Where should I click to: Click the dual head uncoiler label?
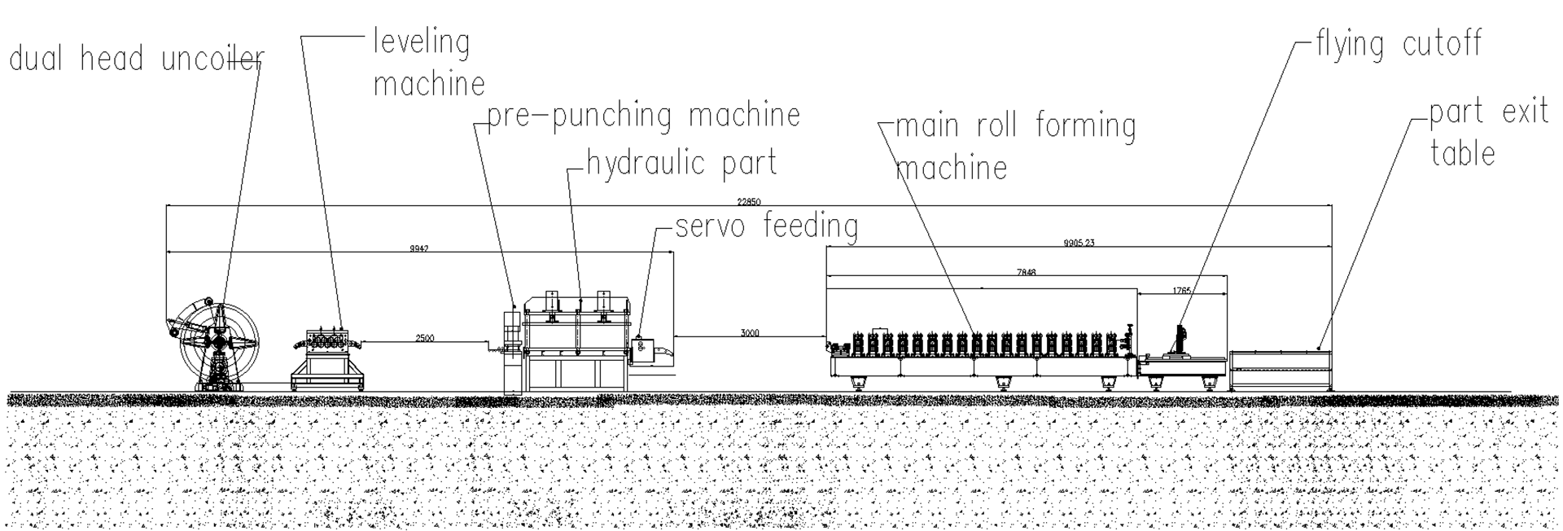pos(136,59)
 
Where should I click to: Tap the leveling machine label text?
pos(429,62)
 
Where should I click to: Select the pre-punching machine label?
pos(643,116)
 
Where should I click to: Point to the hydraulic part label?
pos(681,163)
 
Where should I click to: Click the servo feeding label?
pos(766,226)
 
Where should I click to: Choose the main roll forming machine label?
pos(1015,147)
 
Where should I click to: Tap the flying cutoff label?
pos(1399,43)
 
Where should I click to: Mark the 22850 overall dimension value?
pos(749,201)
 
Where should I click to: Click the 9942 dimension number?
pos(418,248)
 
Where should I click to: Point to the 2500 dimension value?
pos(424,338)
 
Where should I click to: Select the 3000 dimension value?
pos(750,333)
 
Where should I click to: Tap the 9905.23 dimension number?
pos(1079,243)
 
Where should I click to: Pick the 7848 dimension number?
pos(1026,273)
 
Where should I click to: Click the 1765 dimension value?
pos(1182,291)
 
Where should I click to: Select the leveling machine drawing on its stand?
pos(327,359)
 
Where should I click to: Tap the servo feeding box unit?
pos(641,349)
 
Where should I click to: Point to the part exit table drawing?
pos(1281,370)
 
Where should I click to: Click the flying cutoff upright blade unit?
pos(1179,340)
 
